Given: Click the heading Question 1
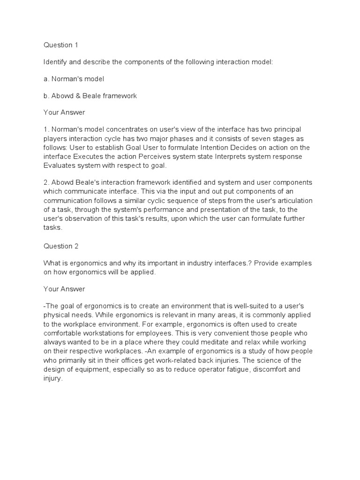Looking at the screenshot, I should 61,45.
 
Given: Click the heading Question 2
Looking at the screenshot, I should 61,246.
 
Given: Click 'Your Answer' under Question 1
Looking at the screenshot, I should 65,112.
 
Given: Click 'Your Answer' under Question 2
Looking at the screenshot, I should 65,289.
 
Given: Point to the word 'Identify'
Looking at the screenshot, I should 56,62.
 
